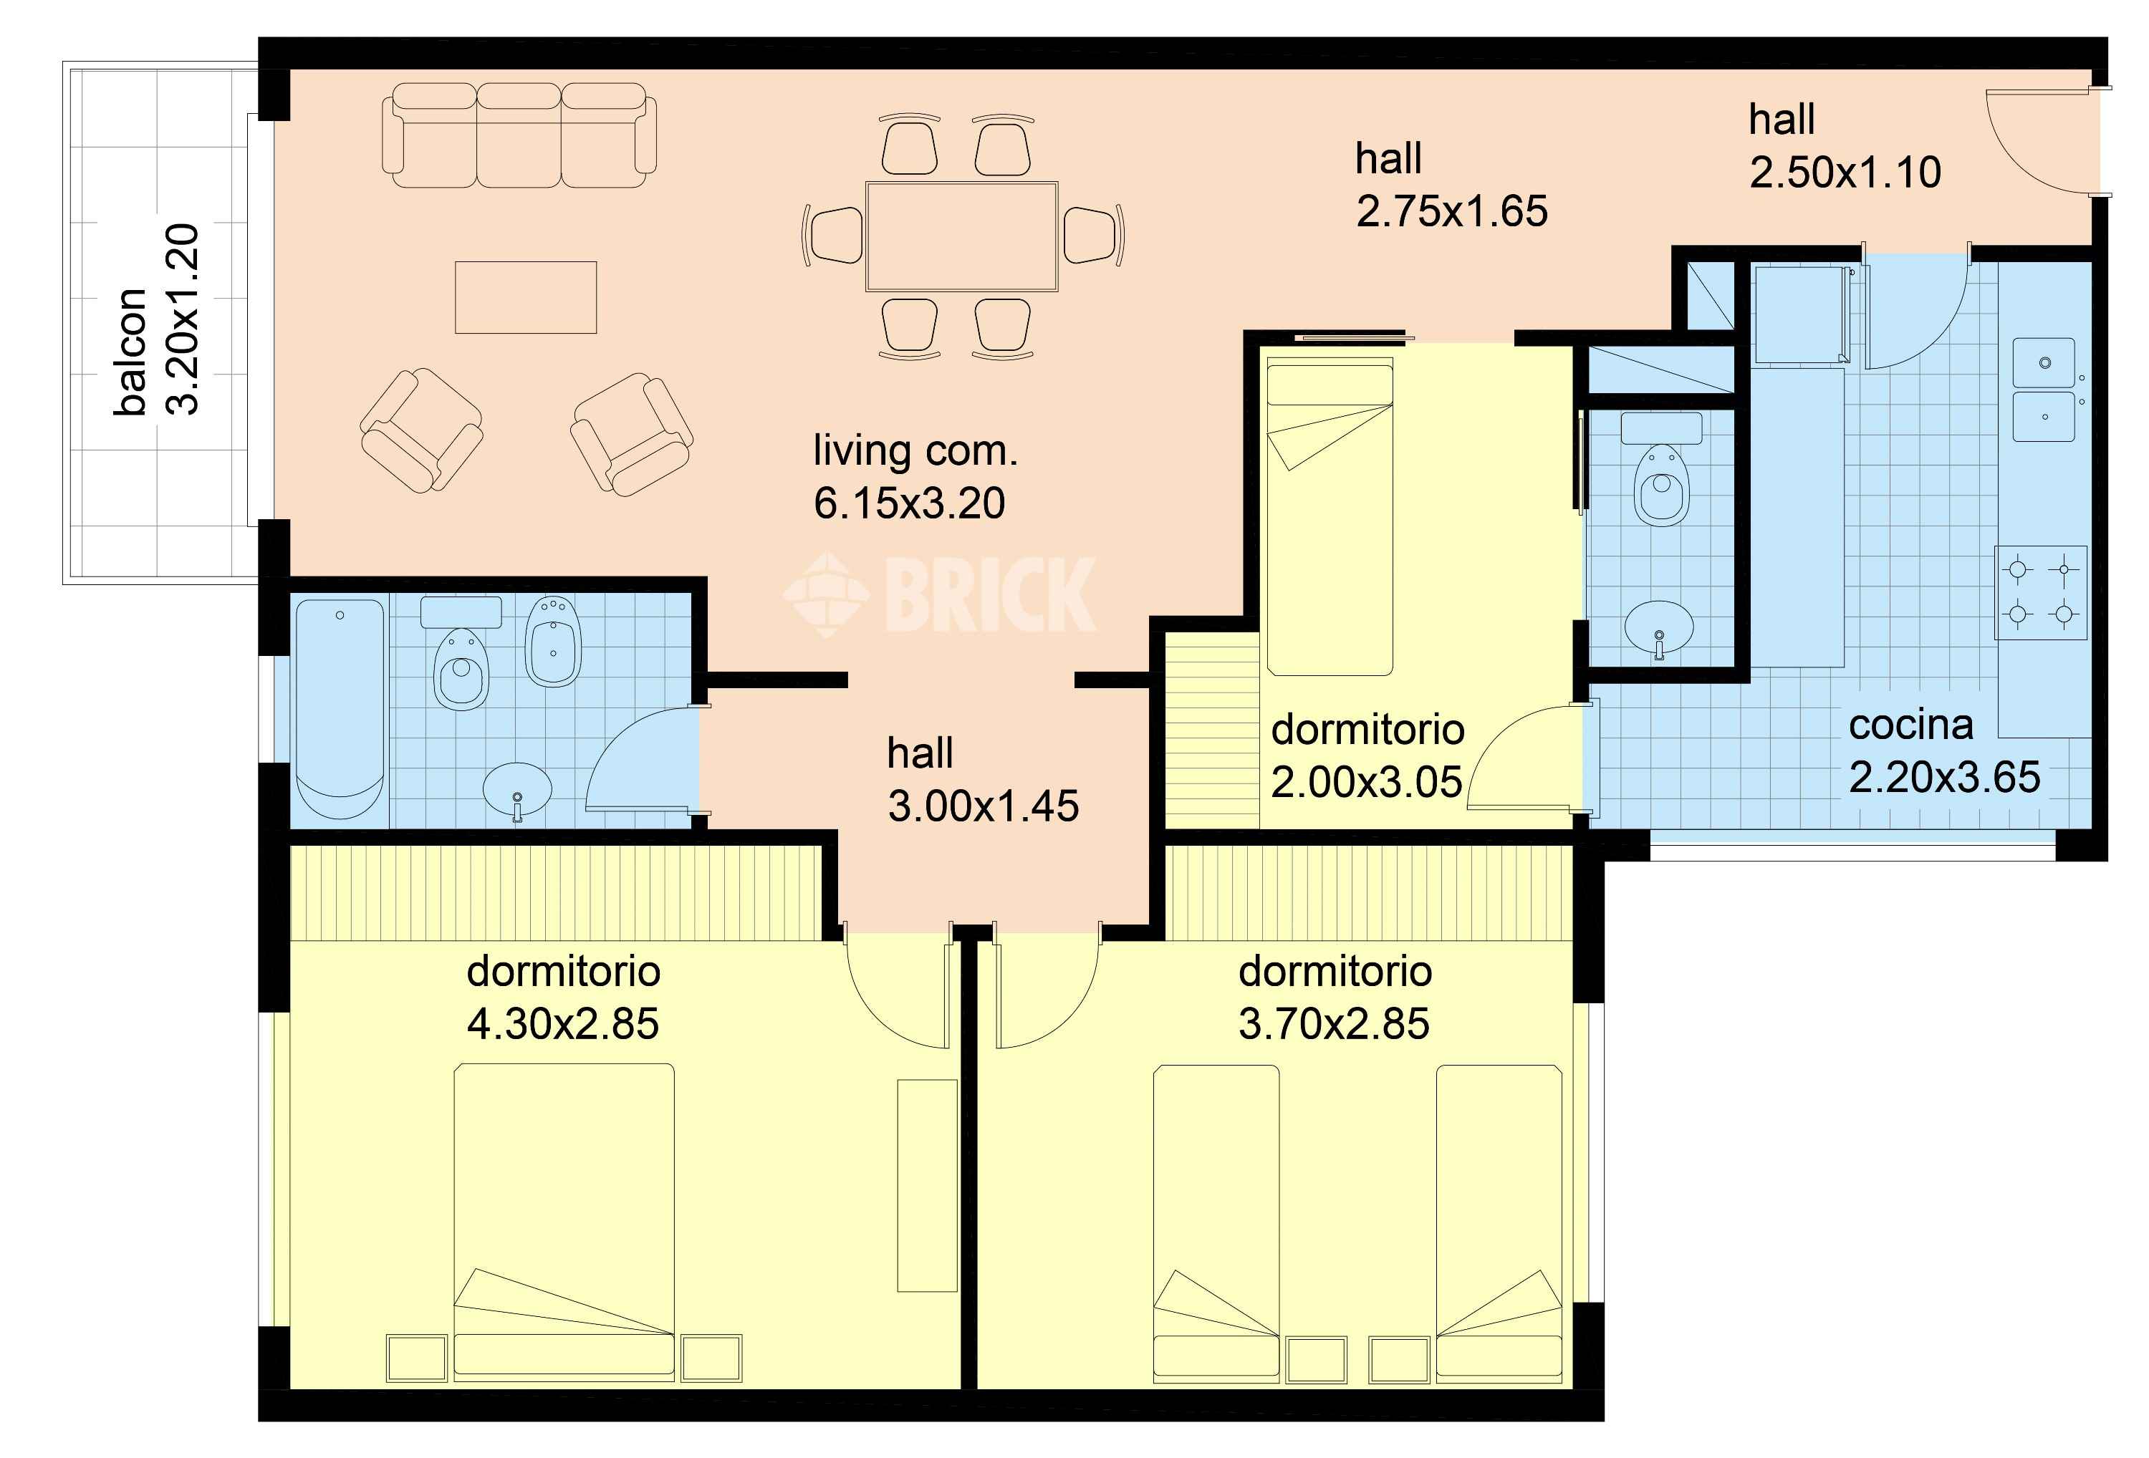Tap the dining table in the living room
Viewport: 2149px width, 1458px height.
[962, 237]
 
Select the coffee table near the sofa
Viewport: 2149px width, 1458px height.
[525, 296]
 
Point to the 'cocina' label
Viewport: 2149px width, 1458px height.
[1910, 725]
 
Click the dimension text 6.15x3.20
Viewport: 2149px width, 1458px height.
[909, 503]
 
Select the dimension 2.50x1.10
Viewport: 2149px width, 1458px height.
[1845, 173]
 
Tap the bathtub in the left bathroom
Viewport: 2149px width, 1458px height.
[340, 709]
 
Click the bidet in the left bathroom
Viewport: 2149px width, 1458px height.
[553, 641]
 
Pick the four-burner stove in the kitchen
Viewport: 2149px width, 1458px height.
[2040, 593]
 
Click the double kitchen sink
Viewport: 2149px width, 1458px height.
[2044, 390]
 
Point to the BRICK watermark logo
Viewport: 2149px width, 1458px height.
[941, 594]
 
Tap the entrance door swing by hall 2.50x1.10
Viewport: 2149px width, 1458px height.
[2039, 143]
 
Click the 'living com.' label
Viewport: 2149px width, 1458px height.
[915, 451]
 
